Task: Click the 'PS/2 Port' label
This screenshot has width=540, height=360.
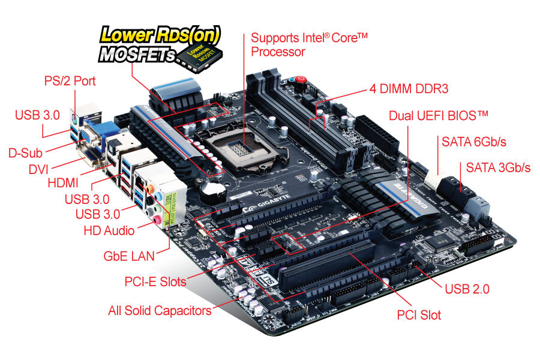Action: coord(70,80)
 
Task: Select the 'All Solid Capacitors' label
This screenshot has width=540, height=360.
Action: coord(160,311)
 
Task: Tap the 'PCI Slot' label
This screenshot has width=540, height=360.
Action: coord(419,314)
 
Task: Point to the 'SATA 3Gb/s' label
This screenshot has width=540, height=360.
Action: coord(495,167)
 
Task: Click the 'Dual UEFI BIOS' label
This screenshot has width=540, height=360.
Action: coord(439,115)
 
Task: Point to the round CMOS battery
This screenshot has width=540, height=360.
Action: coord(211,190)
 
